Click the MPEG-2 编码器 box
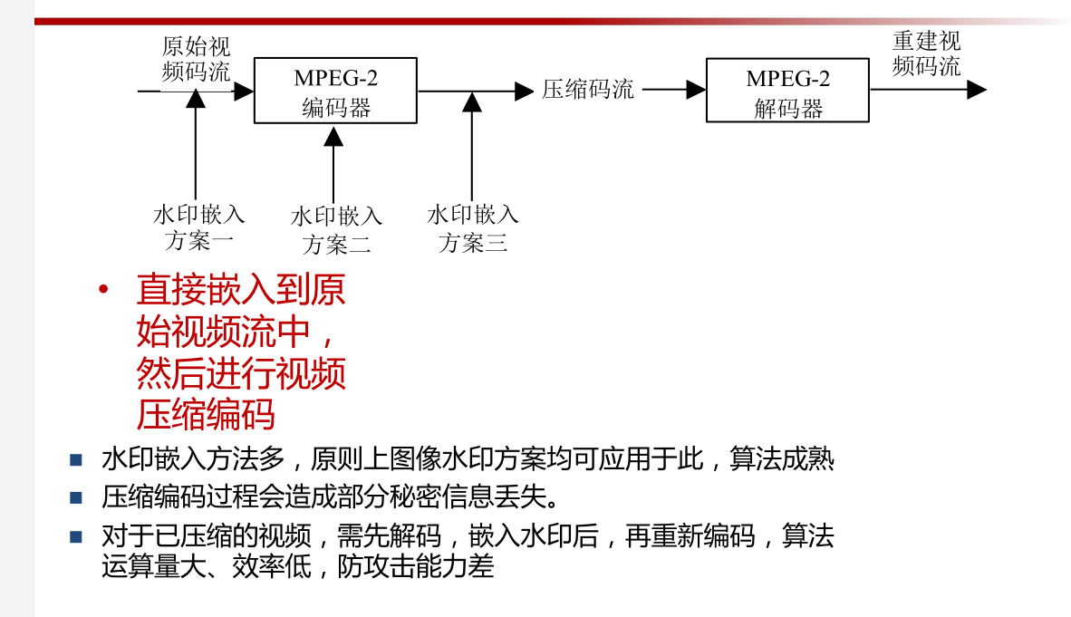click(x=335, y=91)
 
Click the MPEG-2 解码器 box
click(x=787, y=91)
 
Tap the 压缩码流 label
click(x=588, y=90)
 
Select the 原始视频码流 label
click(x=196, y=59)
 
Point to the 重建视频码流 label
click(x=926, y=53)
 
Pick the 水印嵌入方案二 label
click(x=336, y=230)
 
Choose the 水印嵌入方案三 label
click(x=473, y=228)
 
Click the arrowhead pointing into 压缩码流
click(x=525, y=91)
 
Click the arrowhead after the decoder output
click(x=976, y=90)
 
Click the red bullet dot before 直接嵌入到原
click(x=103, y=290)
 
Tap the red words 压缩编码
click(x=206, y=415)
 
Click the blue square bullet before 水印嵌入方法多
click(x=76, y=459)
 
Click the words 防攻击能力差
click(x=416, y=567)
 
